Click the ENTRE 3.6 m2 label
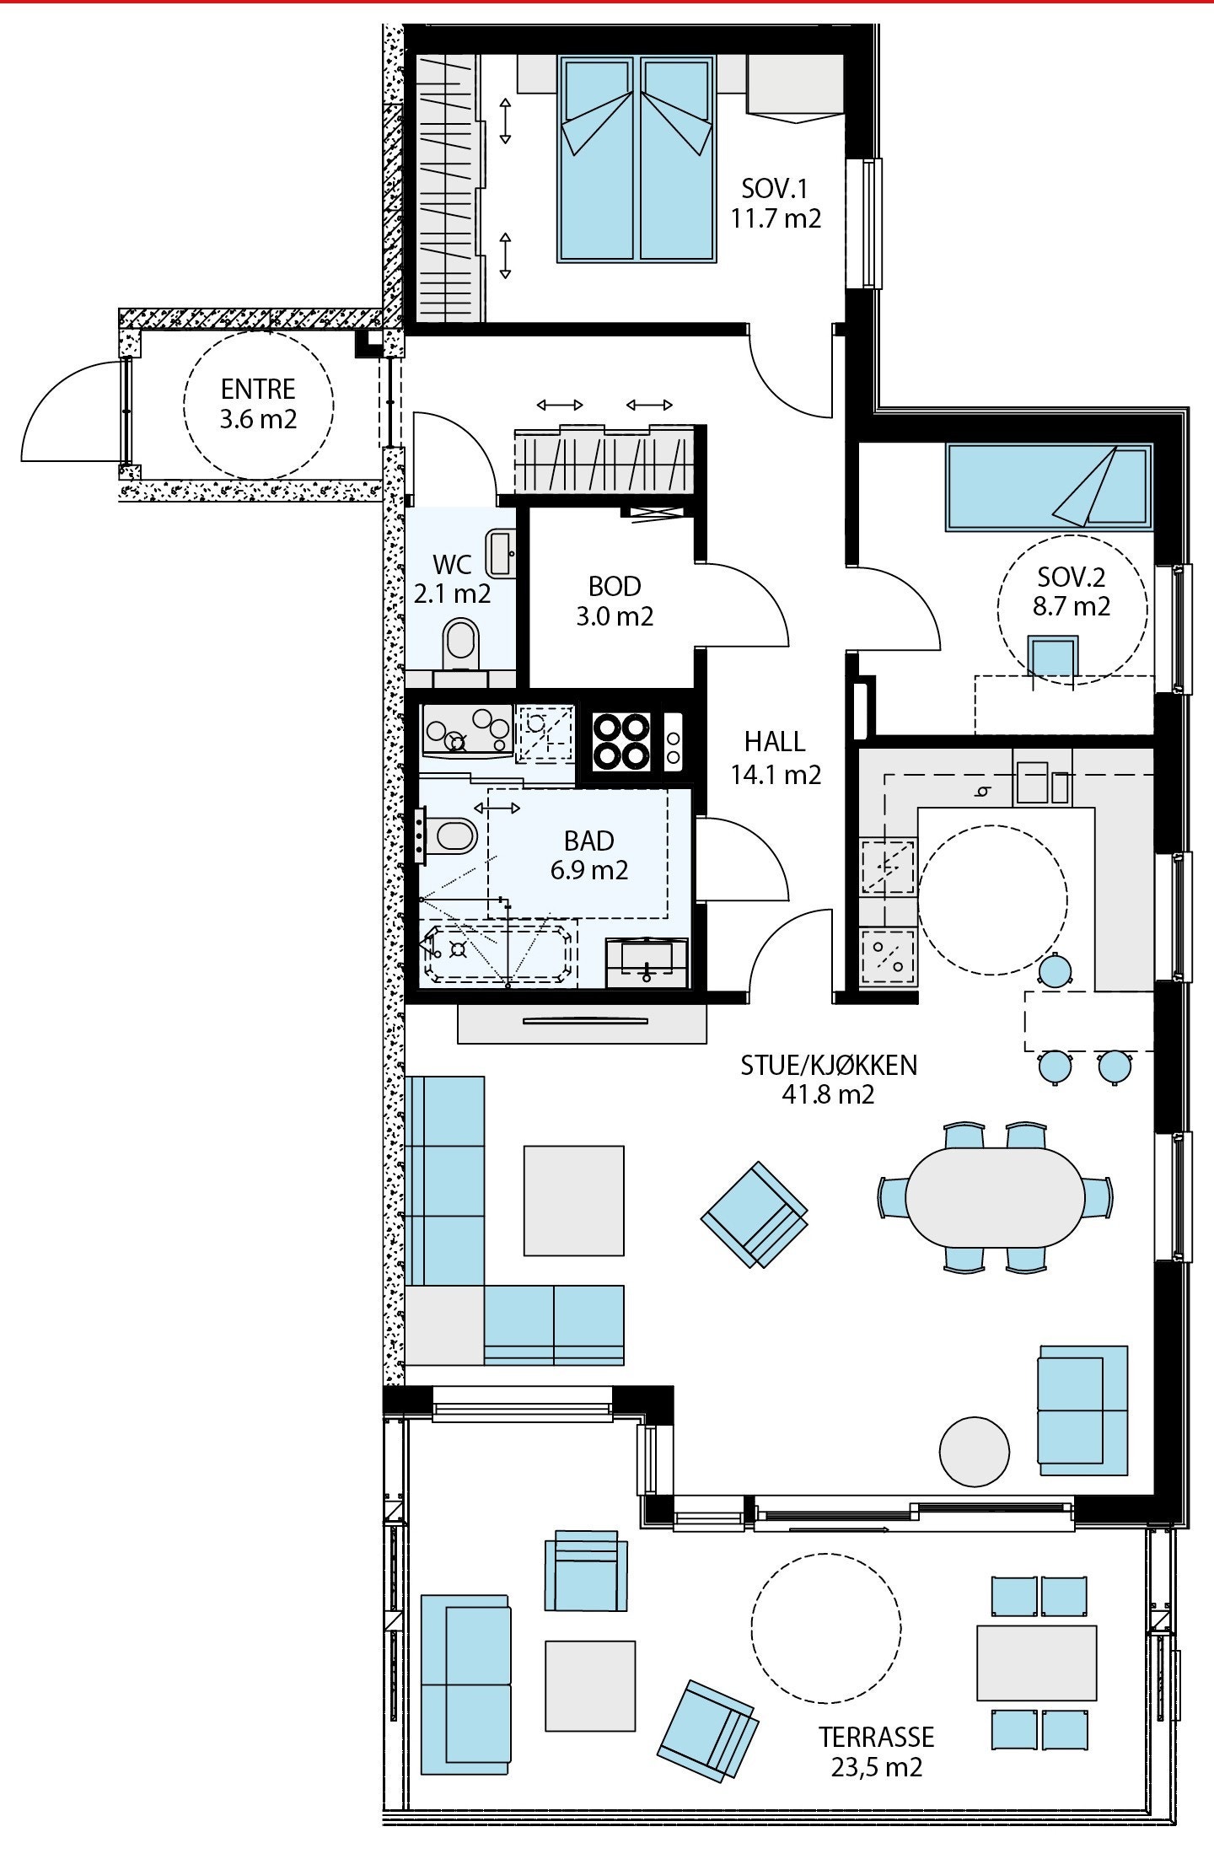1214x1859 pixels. point(258,404)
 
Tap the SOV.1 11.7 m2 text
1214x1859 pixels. point(776,203)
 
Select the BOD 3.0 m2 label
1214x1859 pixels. point(615,601)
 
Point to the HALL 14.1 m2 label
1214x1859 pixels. point(775,758)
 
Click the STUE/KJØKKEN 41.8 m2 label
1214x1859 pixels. point(828,1079)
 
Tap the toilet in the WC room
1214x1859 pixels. point(460,642)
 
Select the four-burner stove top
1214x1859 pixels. point(622,742)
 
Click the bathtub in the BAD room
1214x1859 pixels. point(497,954)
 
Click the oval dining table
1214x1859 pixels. point(995,1196)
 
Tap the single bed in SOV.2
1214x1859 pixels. point(1048,488)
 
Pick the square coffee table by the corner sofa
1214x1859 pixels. point(573,1200)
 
